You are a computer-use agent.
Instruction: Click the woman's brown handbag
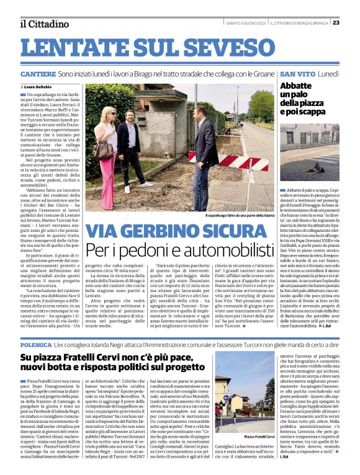click(102, 150)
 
